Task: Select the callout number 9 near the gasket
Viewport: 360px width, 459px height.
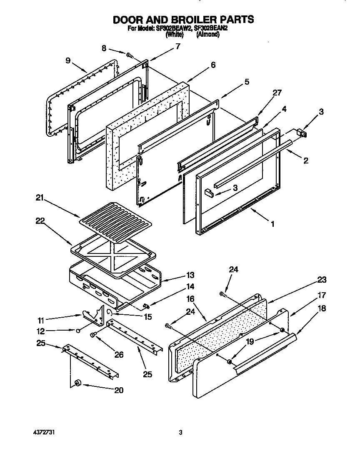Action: [67, 60]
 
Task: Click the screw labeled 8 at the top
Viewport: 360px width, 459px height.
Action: [129, 54]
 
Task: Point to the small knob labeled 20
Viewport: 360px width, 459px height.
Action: [77, 382]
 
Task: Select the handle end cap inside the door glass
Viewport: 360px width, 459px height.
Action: [208, 192]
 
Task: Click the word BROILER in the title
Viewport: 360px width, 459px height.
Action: [183, 19]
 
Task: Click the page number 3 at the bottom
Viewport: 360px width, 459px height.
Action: [180, 433]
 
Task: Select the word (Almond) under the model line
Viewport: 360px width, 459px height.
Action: [207, 35]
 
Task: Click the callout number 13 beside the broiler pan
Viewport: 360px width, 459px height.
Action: [190, 275]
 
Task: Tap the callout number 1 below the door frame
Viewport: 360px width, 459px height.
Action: [272, 224]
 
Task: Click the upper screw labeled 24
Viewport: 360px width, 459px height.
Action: [222, 294]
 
